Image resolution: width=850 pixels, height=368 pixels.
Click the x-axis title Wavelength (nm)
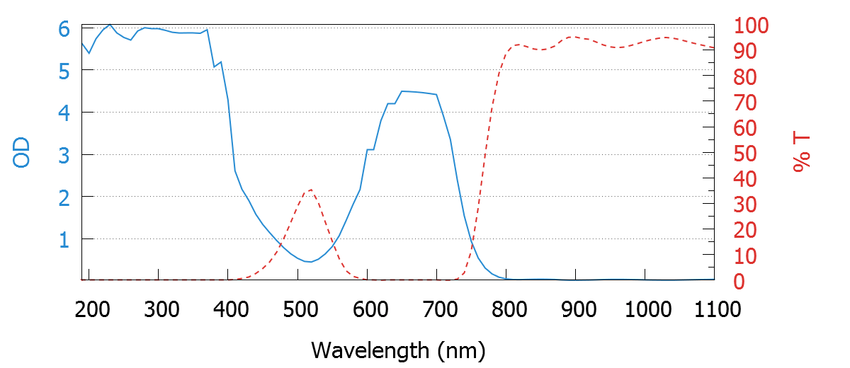pos(397,350)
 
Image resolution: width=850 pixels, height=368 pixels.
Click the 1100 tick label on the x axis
pos(714,309)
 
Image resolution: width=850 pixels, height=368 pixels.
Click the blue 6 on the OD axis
pos(64,29)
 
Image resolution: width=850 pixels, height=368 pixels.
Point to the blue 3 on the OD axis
pos(64,155)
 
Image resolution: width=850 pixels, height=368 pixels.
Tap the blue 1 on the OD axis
pos(64,240)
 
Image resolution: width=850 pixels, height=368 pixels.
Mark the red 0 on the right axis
pos(738,282)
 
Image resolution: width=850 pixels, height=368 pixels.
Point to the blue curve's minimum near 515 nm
pos(310,262)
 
